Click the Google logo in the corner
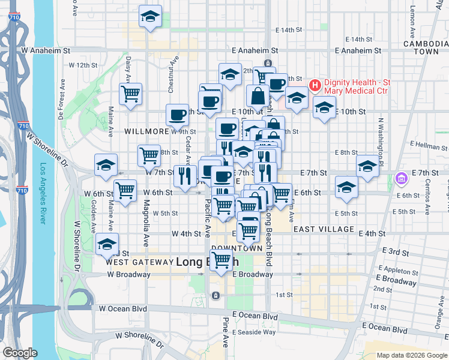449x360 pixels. coord(20,353)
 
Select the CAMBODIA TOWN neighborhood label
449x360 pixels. coord(421,48)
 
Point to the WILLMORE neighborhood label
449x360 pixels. coord(147,131)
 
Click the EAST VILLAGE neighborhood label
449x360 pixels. coord(324,229)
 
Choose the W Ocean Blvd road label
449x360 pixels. coord(123,308)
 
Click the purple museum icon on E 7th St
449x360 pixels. coord(402,178)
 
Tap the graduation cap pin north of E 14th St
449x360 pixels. coord(150,17)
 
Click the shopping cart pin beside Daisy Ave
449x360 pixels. coord(130,94)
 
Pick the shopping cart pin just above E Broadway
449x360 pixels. coord(221,260)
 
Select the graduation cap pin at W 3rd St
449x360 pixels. coord(107,244)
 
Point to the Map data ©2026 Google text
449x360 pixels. coord(412,355)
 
